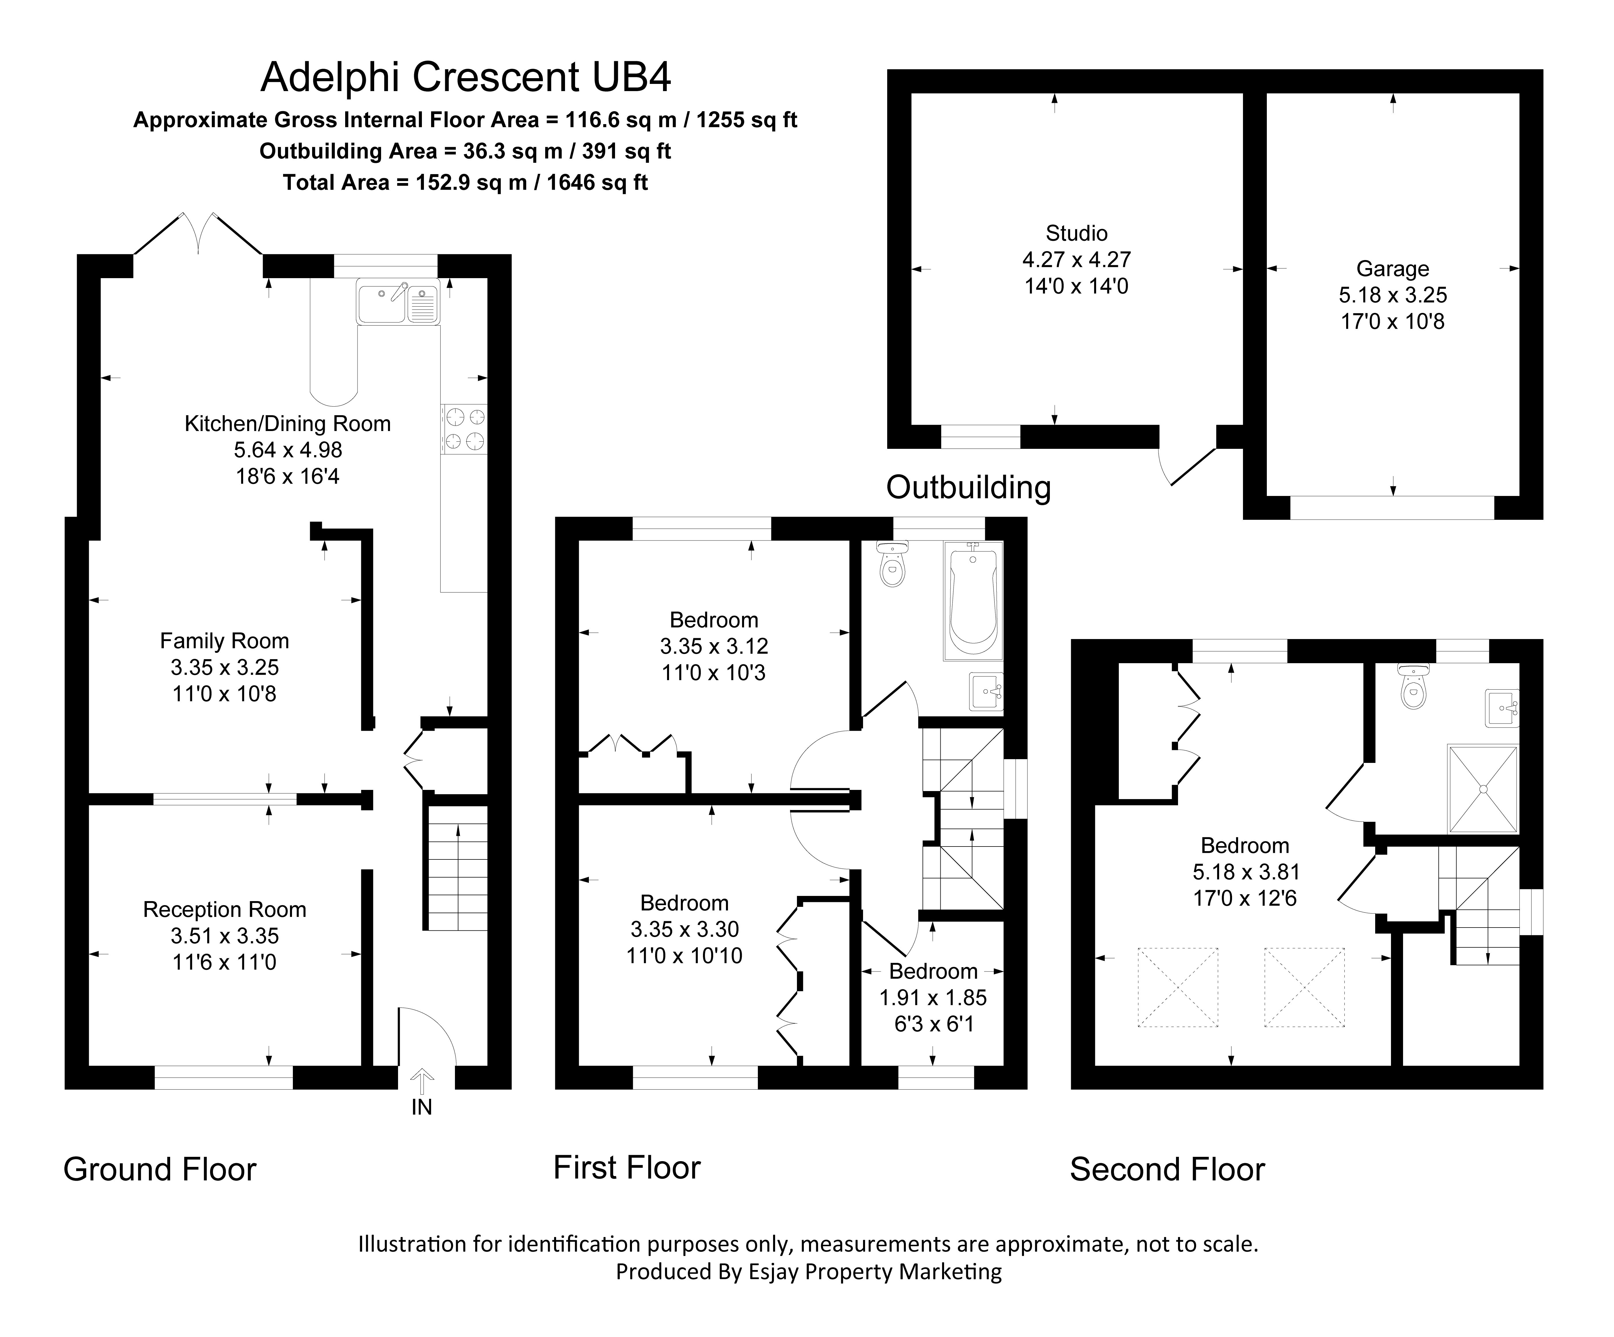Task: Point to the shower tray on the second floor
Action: point(1483,788)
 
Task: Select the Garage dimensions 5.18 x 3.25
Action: point(1393,295)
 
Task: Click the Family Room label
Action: point(224,641)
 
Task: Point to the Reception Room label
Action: point(224,910)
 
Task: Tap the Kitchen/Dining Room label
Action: point(287,423)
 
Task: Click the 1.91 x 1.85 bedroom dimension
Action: point(933,997)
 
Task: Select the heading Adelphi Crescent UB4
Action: point(466,77)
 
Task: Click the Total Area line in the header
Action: point(466,183)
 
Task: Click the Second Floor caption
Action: point(1167,1169)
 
